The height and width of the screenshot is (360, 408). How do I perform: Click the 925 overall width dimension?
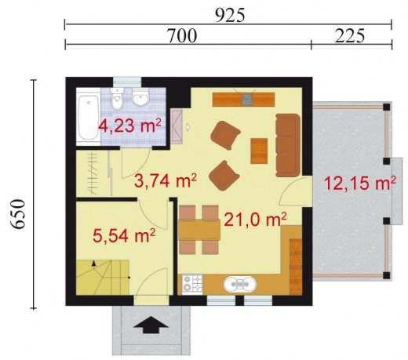(230, 16)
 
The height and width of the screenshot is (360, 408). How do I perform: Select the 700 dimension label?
(182, 36)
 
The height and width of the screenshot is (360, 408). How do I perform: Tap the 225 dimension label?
(350, 36)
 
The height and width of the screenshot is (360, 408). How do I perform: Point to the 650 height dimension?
(18, 214)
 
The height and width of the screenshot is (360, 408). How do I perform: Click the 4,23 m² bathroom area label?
(129, 126)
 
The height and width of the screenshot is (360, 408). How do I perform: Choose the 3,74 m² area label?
(166, 180)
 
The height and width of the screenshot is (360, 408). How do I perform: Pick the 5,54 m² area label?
(124, 235)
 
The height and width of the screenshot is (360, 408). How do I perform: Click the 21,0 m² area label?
(255, 220)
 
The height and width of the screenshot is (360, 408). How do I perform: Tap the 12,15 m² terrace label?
(359, 182)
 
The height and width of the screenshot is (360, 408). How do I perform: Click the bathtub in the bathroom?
(89, 118)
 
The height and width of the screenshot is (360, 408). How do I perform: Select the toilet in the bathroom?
(117, 99)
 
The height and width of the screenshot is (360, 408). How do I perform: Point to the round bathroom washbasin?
(140, 97)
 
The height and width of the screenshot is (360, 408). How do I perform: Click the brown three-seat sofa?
(288, 145)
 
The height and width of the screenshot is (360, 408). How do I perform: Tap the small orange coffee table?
(259, 151)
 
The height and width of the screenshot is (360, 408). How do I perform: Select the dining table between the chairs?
(199, 230)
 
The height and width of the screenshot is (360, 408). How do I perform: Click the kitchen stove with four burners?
(192, 284)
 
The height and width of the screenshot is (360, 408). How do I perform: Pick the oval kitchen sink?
(240, 284)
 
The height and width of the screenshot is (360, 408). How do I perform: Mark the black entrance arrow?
(151, 325)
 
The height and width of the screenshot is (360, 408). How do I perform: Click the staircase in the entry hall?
(103, 277)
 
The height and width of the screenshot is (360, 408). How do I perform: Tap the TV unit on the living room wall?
(243, 100)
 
